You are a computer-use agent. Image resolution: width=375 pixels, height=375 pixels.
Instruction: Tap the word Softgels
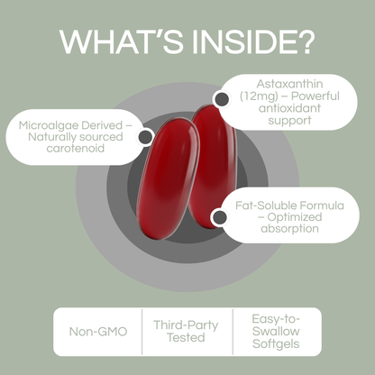tap(276, 345)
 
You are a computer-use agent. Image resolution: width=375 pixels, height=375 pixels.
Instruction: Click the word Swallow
tap(276, 331)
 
